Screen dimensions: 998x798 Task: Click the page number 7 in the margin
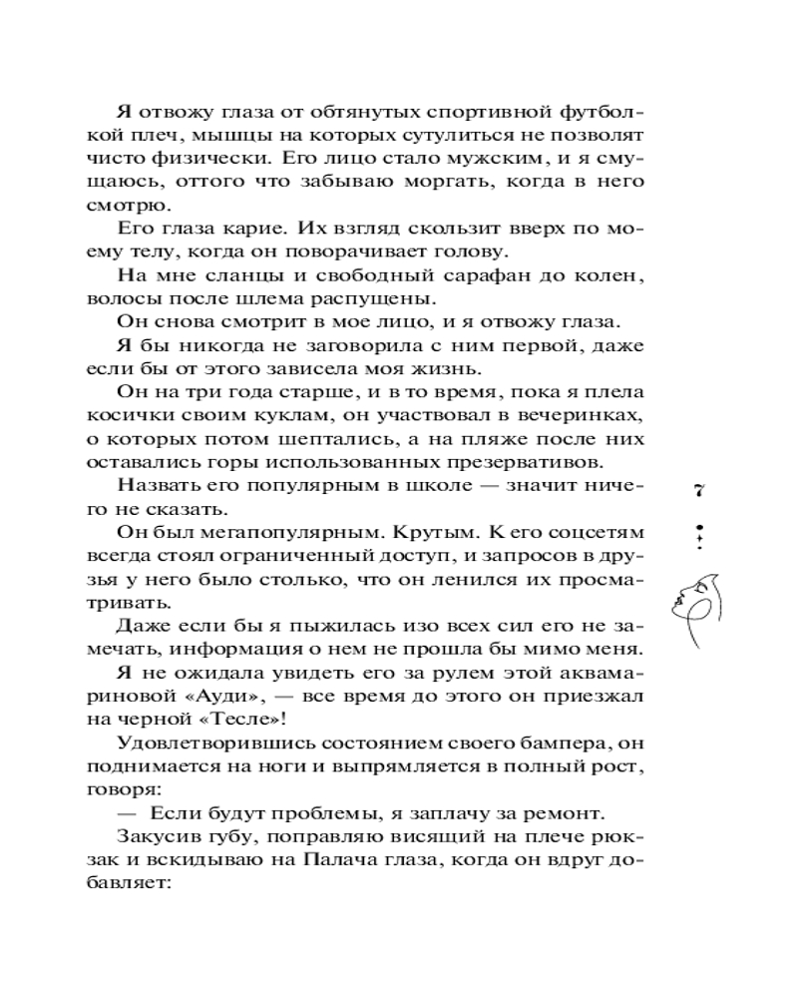pos(699,489)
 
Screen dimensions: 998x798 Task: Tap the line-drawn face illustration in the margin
pos(698,604)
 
